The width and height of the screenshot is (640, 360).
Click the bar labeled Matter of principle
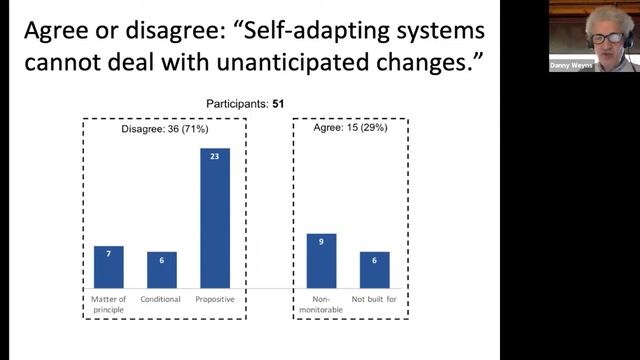pos(108,267)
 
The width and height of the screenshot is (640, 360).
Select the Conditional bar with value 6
pos(162,270)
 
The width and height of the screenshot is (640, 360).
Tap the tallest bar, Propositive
pos(215,218)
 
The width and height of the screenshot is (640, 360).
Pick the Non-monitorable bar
pos(321,261)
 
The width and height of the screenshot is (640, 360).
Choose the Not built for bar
pos(374,270)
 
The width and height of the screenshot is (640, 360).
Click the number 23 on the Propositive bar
pos(215,155)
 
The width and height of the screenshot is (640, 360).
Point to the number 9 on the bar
pos(321,240)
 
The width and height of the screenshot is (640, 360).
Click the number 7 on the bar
pos(108,252)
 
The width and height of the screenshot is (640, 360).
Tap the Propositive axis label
pos(215,299)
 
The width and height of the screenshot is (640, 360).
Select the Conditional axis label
pos(162,299)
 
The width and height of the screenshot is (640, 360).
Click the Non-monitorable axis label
pos(321,303)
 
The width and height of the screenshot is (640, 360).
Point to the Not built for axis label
pos(374,299)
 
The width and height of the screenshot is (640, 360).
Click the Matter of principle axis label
pos(108,303)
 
